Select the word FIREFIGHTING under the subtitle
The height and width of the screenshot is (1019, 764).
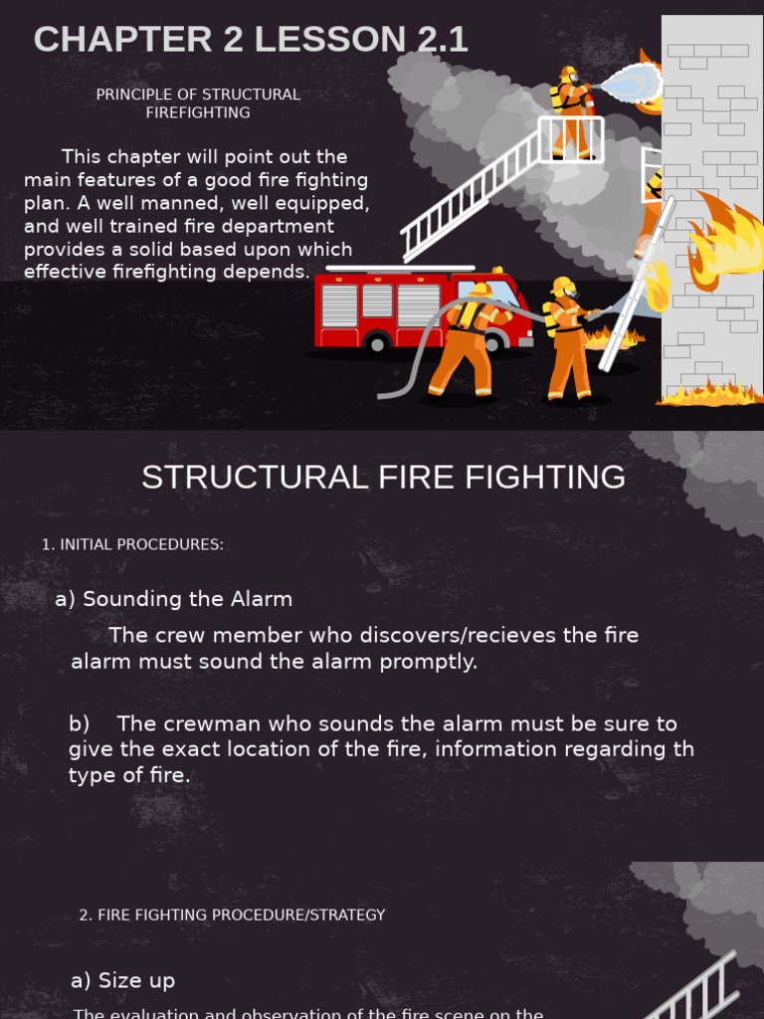tap(198, 112)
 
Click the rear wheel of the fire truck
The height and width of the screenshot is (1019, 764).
tap(377, 344)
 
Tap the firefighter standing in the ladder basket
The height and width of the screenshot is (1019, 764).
tap(572, 114)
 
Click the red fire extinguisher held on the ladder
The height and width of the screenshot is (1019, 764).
tap(589, 103)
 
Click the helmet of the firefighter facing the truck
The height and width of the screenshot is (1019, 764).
tap(480, 290)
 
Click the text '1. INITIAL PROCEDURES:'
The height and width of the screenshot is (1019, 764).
tap(132, 544)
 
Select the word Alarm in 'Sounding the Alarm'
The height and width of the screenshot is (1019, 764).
tap(262, 599)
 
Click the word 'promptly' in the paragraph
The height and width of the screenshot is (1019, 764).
tap(432, 662)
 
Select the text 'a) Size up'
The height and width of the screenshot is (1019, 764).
tap(122, 980)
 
